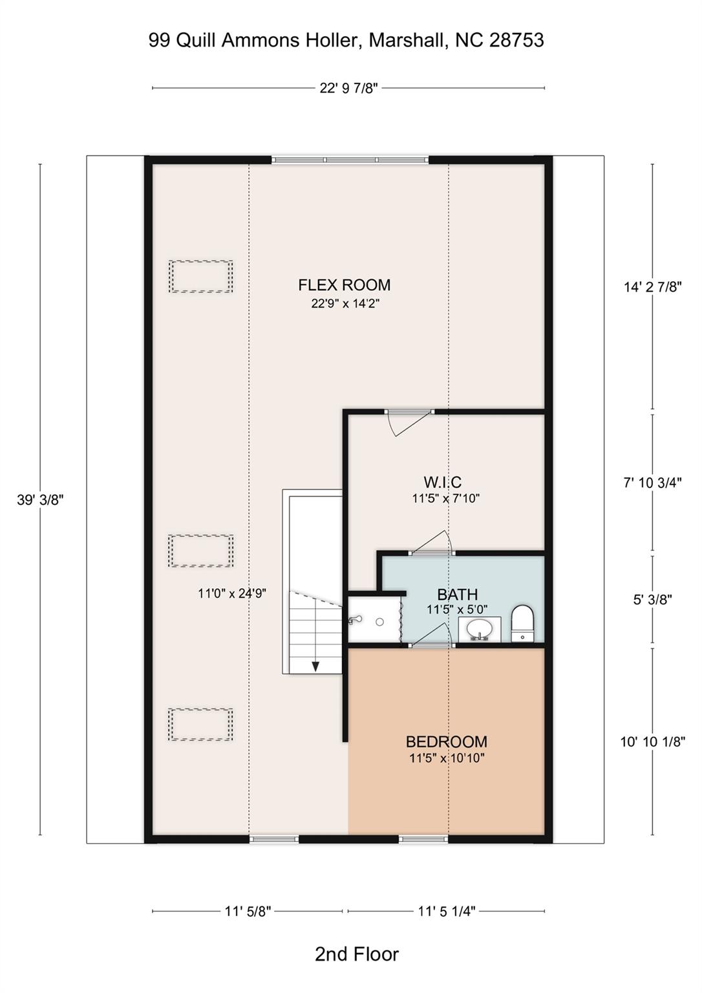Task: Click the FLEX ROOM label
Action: pos(344,285)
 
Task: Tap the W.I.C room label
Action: pos(442,482)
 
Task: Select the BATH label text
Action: pos(457,594)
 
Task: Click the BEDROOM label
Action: pos(446,742)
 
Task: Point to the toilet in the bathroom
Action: pos(522,623)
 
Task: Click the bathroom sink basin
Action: pos(480,628)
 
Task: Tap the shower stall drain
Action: pos(380,621)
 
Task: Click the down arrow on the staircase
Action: pos(316,666)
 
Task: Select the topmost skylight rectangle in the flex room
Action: pos(200,277)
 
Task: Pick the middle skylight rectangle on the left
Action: pos(200,551)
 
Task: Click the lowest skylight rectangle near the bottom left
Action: pos(200,725)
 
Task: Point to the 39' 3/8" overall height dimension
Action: pos(40,500)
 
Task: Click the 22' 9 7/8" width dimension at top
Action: pos(348,88)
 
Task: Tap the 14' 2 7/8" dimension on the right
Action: pos(652,287)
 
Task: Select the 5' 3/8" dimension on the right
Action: pos(652,599)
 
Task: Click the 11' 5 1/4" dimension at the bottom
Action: pos(446,912)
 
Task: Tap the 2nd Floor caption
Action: pos(357,954)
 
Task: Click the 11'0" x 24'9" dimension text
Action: pos(232,593)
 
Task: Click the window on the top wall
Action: pos(350,160)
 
